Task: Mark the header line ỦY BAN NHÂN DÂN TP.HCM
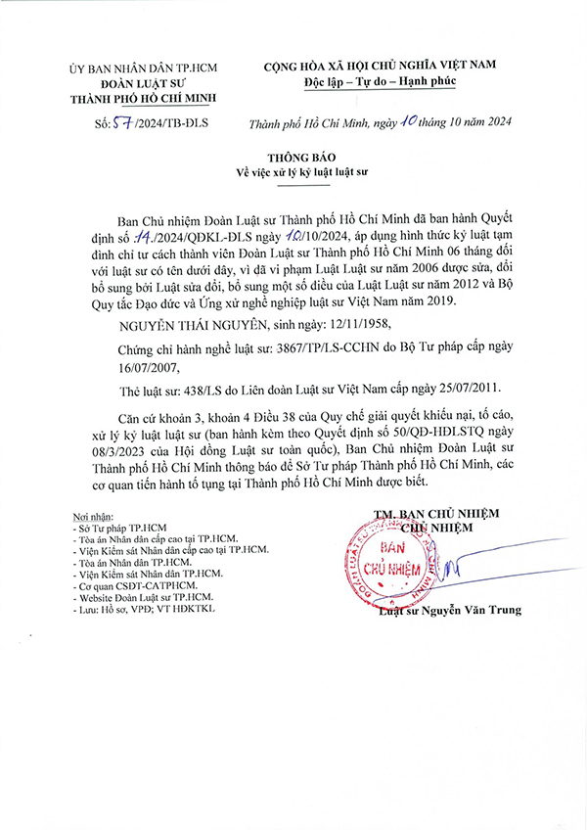[143, 68]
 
